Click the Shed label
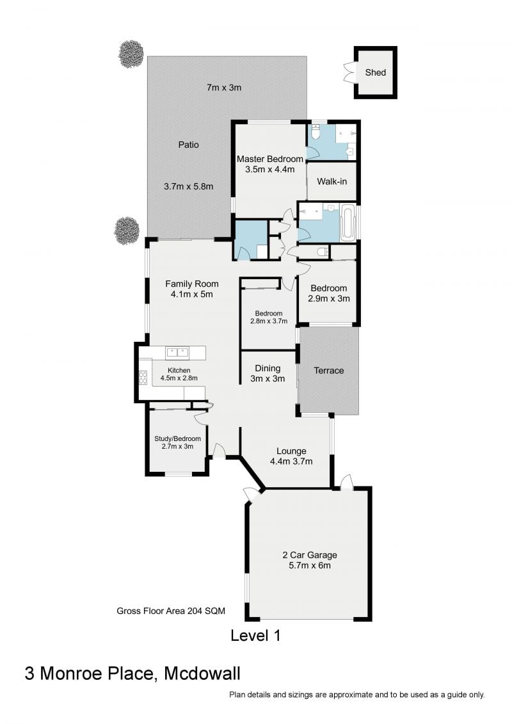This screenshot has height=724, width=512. pos(376,72)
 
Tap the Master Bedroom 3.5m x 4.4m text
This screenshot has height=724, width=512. pos(269,165)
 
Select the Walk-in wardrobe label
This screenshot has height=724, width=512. pos(332,181)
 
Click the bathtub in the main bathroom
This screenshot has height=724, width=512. pos(348,223)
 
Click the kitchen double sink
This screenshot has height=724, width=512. pos(177,351)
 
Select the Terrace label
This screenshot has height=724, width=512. pos(328,370)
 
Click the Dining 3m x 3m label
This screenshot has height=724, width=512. pos(268,373)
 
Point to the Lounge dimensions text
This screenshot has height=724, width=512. pos(291,461)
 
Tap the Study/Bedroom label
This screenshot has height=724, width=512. pos(177,442)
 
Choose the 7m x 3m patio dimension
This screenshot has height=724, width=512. pos(224,88)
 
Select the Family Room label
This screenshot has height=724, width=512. pos(191,289)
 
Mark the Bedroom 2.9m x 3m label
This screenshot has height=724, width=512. pos(329,293)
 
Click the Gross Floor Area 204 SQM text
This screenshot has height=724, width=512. pos(170,611)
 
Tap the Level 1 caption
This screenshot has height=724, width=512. pos(255,636)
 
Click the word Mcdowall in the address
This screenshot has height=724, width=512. pos(202,673)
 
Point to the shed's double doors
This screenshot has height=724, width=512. pos(349,72)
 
